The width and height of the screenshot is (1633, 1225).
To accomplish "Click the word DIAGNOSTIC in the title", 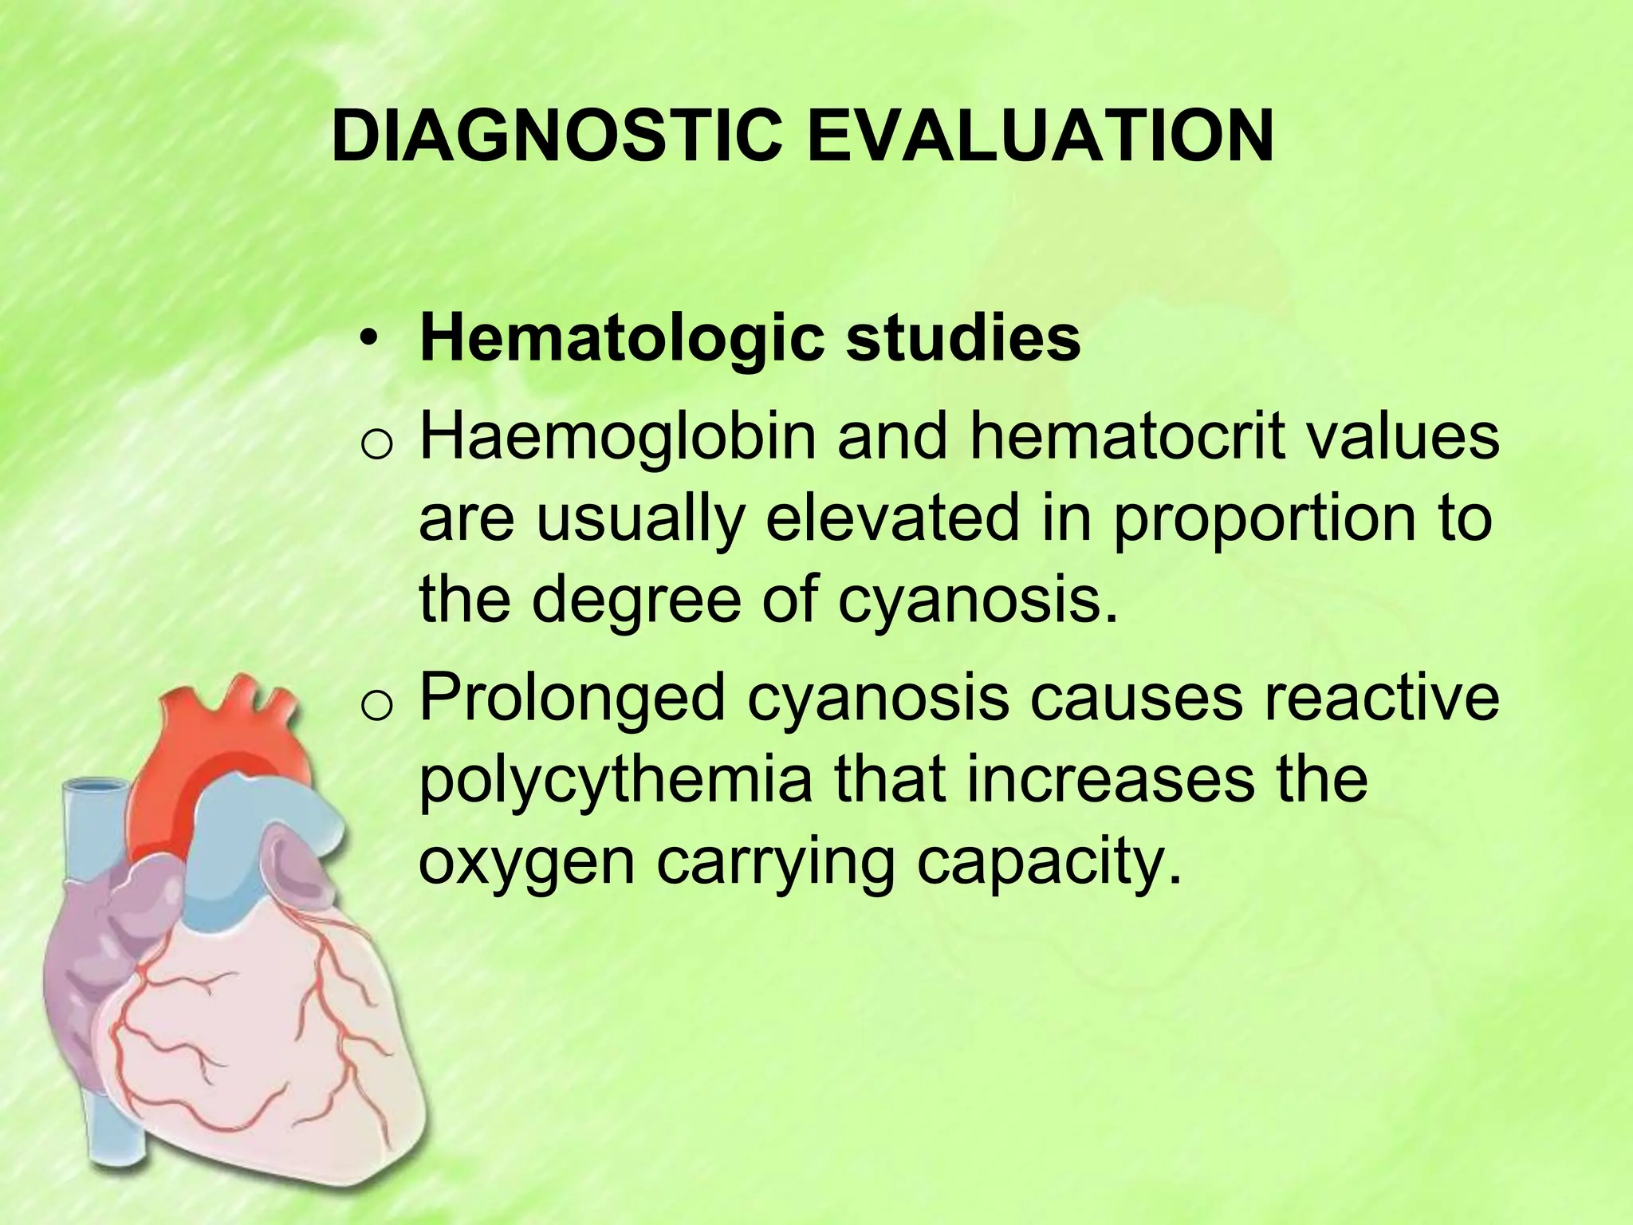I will (558, 136).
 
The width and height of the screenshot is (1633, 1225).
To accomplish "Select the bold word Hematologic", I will (621, 338).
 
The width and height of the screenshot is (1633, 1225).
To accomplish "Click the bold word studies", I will (962, 338).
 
